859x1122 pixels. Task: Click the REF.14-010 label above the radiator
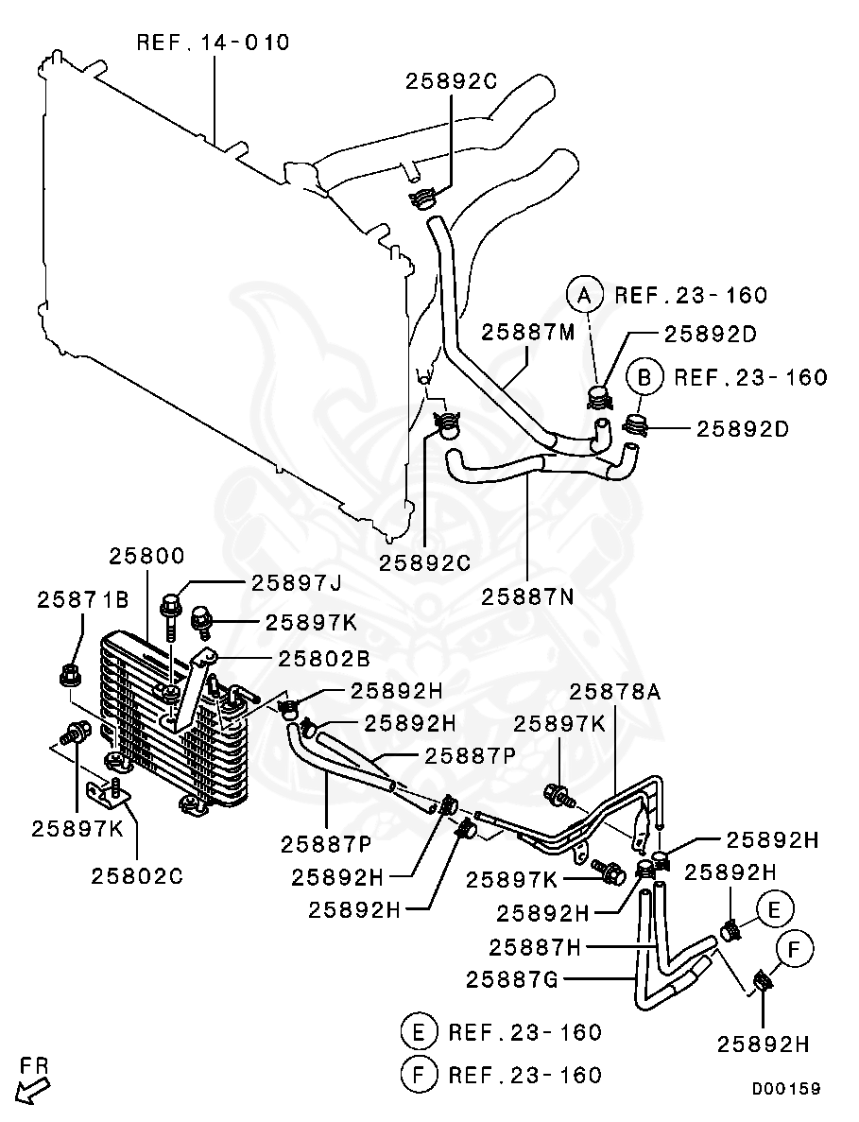tap(213, 43)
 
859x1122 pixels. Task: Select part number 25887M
tap(527, 333)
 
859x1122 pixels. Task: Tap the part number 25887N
tap(528, 597)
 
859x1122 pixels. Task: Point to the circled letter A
tap(585, 295)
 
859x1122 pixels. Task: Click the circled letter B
tap(644, 377)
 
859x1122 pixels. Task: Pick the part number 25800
tap(146, 556)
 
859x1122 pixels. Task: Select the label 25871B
tap(83, 598)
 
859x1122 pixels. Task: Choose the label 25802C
tap(137, 875)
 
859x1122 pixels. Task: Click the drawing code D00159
tap(785, 1088)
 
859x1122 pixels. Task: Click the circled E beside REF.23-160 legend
tap(419, 1030)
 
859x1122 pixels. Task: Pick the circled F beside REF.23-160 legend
tap(419, 1074)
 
